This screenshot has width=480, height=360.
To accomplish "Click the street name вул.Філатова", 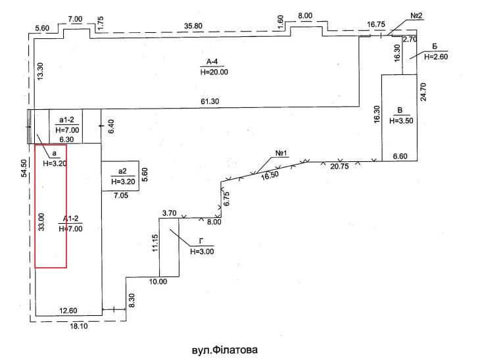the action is click(x=225, y=350).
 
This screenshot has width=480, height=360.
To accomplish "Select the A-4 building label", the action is click(x=212, y=62).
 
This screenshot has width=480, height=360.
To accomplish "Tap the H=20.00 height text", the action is click(x=214, y=72).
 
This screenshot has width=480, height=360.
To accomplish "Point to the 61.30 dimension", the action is click(x=210, y=101).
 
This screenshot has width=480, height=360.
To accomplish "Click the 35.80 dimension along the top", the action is click(x=193, y=26).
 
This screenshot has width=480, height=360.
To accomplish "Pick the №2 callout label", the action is click(x=416, y=16).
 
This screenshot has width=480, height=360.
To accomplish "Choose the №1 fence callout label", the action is click(x=281, y=153).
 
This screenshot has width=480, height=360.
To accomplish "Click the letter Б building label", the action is click(x=435, y=47).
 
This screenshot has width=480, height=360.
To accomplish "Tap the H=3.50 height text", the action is click(x=401, y=120).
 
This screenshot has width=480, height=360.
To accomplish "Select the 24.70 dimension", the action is click(x=424, y=92).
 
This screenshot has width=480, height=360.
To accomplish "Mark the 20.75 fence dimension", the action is click(x=339, y=167).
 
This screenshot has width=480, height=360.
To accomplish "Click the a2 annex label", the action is click(x=122, y=171).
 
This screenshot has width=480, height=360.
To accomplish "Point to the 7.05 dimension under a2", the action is click(x=121, y=195).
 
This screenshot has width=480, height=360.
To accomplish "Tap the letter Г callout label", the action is click(x=201, y=242).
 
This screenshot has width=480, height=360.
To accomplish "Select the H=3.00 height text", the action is click(x=202, y=251).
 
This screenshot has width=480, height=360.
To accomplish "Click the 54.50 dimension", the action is click(x=24, y=168).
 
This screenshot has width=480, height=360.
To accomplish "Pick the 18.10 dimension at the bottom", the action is click(x=79, y=326).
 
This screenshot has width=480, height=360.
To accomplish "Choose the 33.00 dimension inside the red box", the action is click(x=41, y=222).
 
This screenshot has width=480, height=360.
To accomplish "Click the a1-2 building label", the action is click(x=66, y=120).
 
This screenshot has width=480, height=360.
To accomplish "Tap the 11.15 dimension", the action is click(x=155, y=243).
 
